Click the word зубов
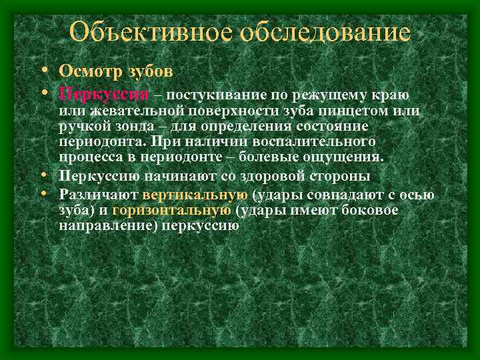pos(150,70)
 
